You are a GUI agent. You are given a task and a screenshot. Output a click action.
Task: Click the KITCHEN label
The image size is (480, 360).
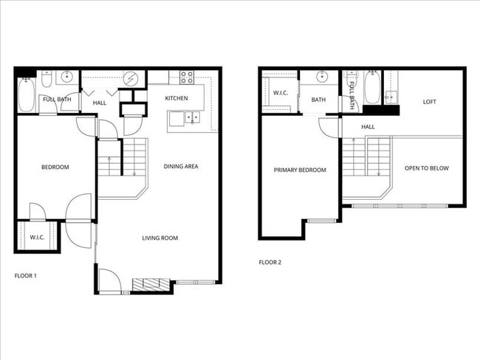tap(176, 98)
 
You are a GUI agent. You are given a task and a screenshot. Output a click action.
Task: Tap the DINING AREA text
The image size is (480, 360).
tap(181, 167)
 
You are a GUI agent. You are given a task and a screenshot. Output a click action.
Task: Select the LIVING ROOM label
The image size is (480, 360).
tap(160, 238)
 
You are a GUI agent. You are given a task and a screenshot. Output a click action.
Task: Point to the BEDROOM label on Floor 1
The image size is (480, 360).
tap(55, 167)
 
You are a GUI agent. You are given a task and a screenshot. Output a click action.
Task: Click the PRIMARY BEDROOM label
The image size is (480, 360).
tap(300, 170)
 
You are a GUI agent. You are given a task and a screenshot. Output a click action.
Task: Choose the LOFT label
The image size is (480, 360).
tap(430, 102)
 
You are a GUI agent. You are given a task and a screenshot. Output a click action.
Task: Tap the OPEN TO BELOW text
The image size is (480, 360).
tap(427, 168)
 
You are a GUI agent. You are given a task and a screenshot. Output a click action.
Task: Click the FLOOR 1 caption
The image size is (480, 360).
tap(26, 275)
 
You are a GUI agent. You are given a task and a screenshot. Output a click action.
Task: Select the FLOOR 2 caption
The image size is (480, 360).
tap(270, 262)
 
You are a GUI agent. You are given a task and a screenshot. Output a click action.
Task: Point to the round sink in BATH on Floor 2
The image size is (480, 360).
tap(323, 77)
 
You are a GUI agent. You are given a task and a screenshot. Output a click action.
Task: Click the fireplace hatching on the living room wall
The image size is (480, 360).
tap(151, 284)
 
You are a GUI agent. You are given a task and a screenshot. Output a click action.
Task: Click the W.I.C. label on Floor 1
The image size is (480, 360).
tap(37, 238)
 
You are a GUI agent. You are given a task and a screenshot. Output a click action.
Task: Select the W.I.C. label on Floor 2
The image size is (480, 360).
tap(280, 93)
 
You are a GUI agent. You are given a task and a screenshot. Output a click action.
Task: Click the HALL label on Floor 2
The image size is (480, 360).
tap(368, 127)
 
